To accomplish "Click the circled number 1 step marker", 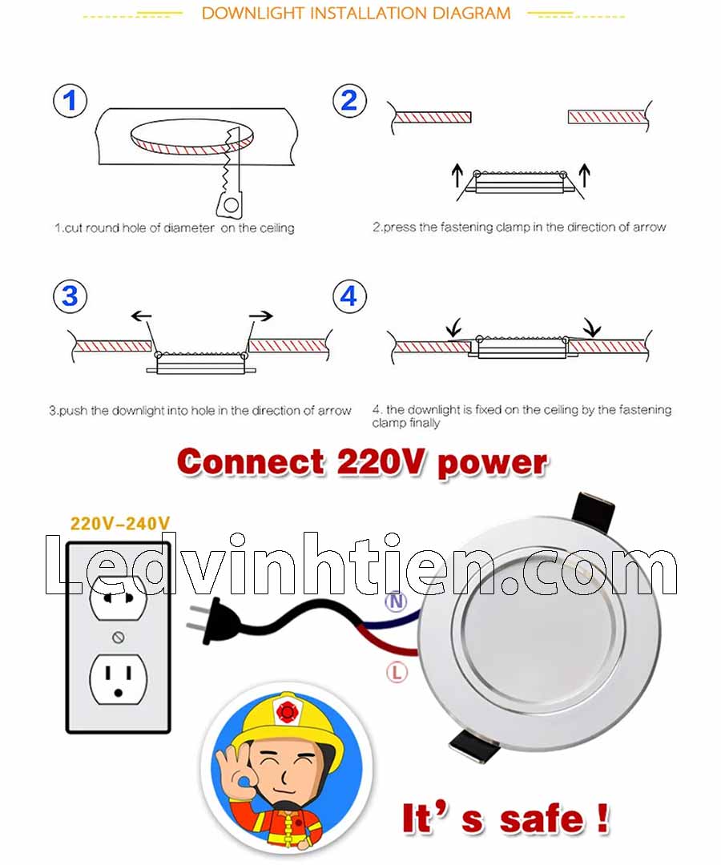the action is [x=70, y=101].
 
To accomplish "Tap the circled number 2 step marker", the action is [x=350, y=101].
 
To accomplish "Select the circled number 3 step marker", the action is [x=70, y=296].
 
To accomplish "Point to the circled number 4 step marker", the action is [x=350, y=296].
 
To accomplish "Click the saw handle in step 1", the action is [x=230, y=203].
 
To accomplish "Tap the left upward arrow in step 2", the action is [x=457, y=175].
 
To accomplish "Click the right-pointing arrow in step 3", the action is [x=261, y=316].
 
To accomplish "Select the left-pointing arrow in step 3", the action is [x=141, y=316].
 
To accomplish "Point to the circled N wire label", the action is [x=396, y=601].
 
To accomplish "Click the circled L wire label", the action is [x=396, y=672].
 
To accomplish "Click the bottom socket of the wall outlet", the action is [x=118, y=679].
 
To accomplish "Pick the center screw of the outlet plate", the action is [x=118, y=638].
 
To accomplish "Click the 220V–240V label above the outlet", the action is [x=120, y=523].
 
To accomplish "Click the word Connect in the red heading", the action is [x=251, y=462].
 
